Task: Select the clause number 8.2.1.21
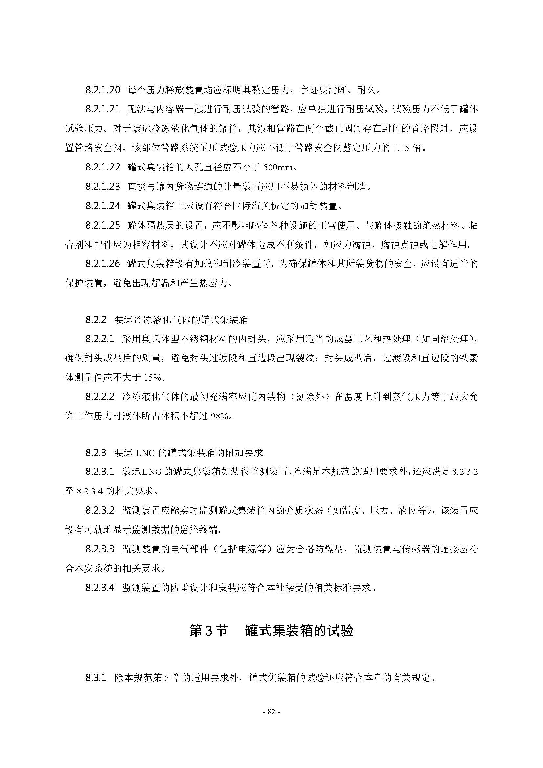[x=102, y=109]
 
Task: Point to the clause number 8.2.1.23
[x=102, y=187]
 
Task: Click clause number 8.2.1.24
[x=102, y=206]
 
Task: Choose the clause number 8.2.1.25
[x=102, y=226]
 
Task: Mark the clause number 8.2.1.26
[x=102, y=264]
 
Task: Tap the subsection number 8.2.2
[x=96, y=320]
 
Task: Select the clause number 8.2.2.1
[x=100, y=339]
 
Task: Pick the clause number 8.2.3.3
[x=100, y=549]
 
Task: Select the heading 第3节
[x=208, y=631]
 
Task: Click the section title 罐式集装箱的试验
[x=299, y=631]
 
